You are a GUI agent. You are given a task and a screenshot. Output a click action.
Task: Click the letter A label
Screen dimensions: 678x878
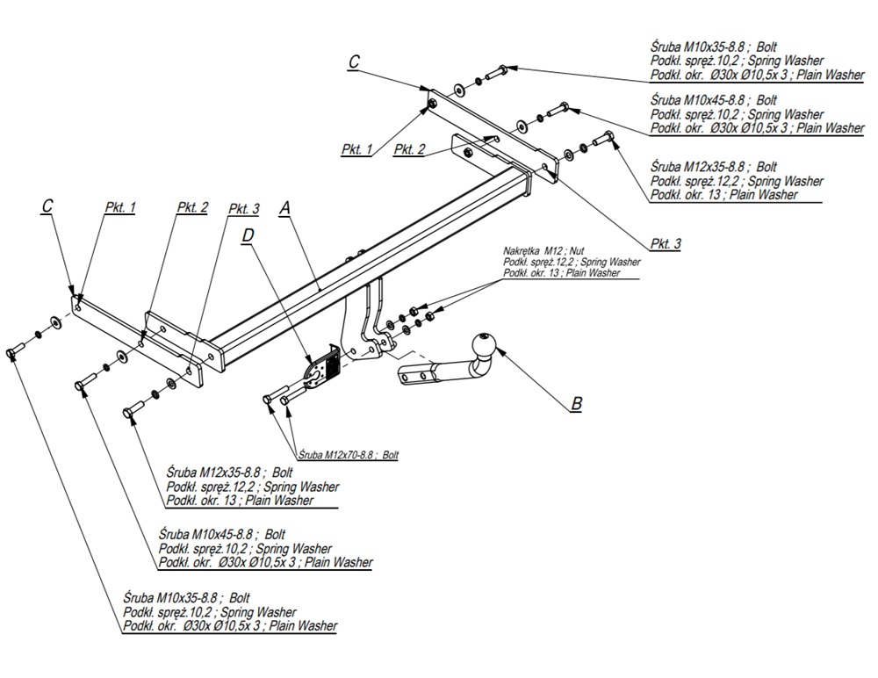[x=284, y=208]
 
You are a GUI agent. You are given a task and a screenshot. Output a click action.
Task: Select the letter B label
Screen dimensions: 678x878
[x=576, y=404]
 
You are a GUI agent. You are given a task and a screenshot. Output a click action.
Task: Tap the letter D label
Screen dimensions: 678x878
[x=248, y=236]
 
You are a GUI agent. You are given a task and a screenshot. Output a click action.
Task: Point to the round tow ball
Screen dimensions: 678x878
[x=486, y=345]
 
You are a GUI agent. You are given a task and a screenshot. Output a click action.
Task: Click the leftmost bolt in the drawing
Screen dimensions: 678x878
[x=13, y=352]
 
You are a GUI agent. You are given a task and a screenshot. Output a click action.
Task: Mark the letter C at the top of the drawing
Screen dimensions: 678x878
[x=354, y=61]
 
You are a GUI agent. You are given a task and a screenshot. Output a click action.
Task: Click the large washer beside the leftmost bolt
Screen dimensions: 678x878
[x=56, y=321]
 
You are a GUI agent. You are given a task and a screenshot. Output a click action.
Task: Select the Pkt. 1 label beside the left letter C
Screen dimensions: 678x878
[x=119, y=208]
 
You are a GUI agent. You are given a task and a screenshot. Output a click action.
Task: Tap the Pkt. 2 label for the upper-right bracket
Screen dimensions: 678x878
[x=409, y=149]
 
